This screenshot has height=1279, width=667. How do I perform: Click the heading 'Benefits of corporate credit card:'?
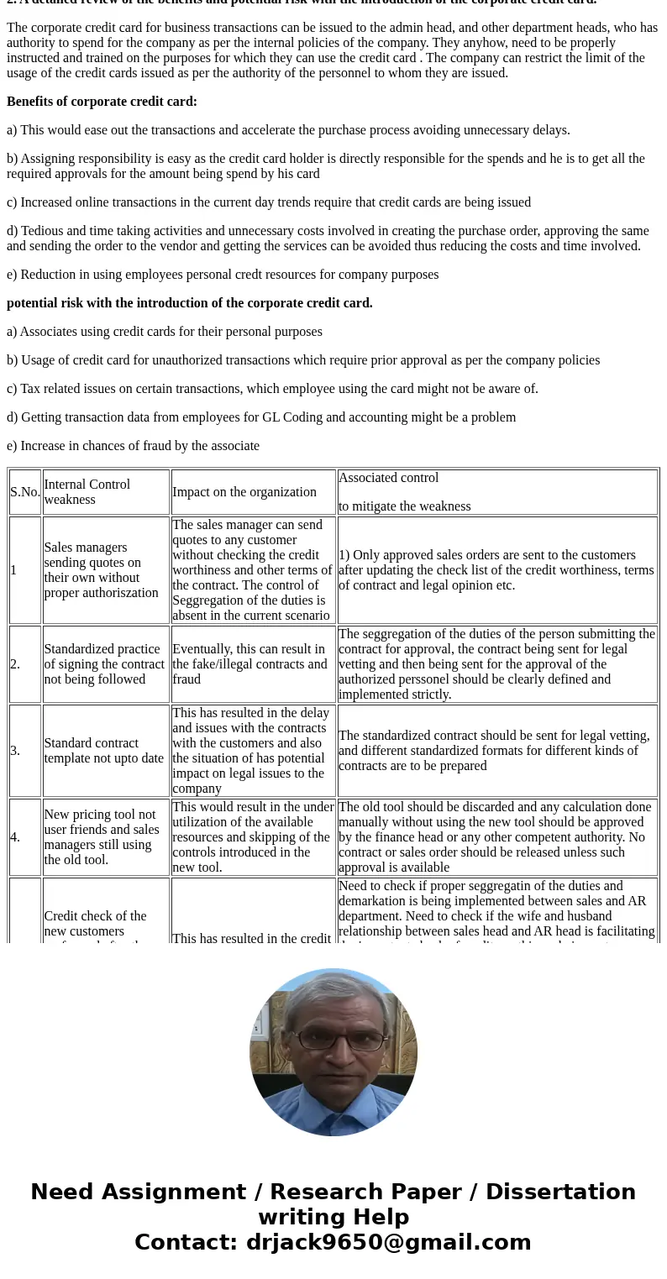(x=102, y=102)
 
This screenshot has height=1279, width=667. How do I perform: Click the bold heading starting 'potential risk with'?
(x=189, y=303)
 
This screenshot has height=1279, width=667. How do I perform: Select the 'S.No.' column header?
(x=25, y=492)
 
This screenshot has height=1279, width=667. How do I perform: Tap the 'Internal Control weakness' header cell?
(x=106, y=492)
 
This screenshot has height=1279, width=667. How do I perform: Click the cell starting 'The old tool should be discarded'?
(x=496, y=837)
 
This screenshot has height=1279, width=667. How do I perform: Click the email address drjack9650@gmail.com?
(x=388, y=1243)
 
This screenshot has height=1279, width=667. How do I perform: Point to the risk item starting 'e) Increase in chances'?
(x=133, y=446)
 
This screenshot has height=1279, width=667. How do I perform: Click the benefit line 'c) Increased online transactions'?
(x=269, y=202)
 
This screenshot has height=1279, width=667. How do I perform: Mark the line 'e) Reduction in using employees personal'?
(x=223, y=275)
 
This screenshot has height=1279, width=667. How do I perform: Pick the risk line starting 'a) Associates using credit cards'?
(x=165, y=332)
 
